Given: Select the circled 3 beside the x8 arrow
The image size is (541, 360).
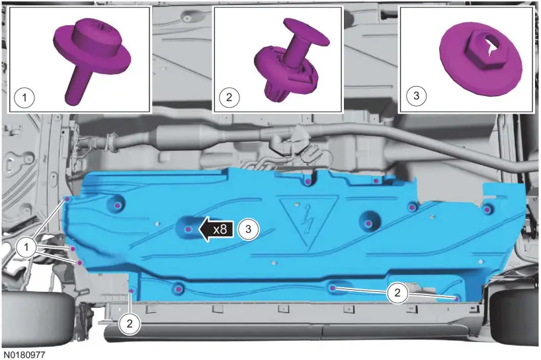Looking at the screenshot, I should [x=248, y=229].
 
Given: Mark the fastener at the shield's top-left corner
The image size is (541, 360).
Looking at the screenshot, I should [x=67, y=198].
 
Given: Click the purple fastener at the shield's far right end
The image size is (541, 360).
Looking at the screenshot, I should [x=487, y=210].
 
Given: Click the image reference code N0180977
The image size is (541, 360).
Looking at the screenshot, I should [x=26, y=355].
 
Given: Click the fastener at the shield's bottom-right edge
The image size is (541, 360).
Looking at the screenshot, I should [x=457, y=298].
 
